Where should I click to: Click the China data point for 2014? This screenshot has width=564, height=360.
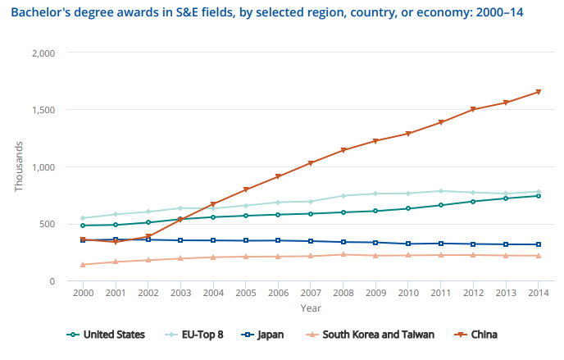[x=538, y=92]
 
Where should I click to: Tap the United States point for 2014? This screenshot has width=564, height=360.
[x=538, y=196]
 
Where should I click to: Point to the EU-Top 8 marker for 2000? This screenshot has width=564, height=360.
[x=83, y=218]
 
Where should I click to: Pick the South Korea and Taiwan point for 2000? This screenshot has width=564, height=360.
[x=83, y=265]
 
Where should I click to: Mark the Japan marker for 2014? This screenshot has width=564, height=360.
[x=538, y=244]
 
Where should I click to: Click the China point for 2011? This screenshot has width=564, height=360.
[x=440, y=122]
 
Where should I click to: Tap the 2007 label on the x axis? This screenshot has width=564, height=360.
[x=310, y=293]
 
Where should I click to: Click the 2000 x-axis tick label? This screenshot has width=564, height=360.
[x=83, y=293]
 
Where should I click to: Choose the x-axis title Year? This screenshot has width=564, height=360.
[x=310, y=308]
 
